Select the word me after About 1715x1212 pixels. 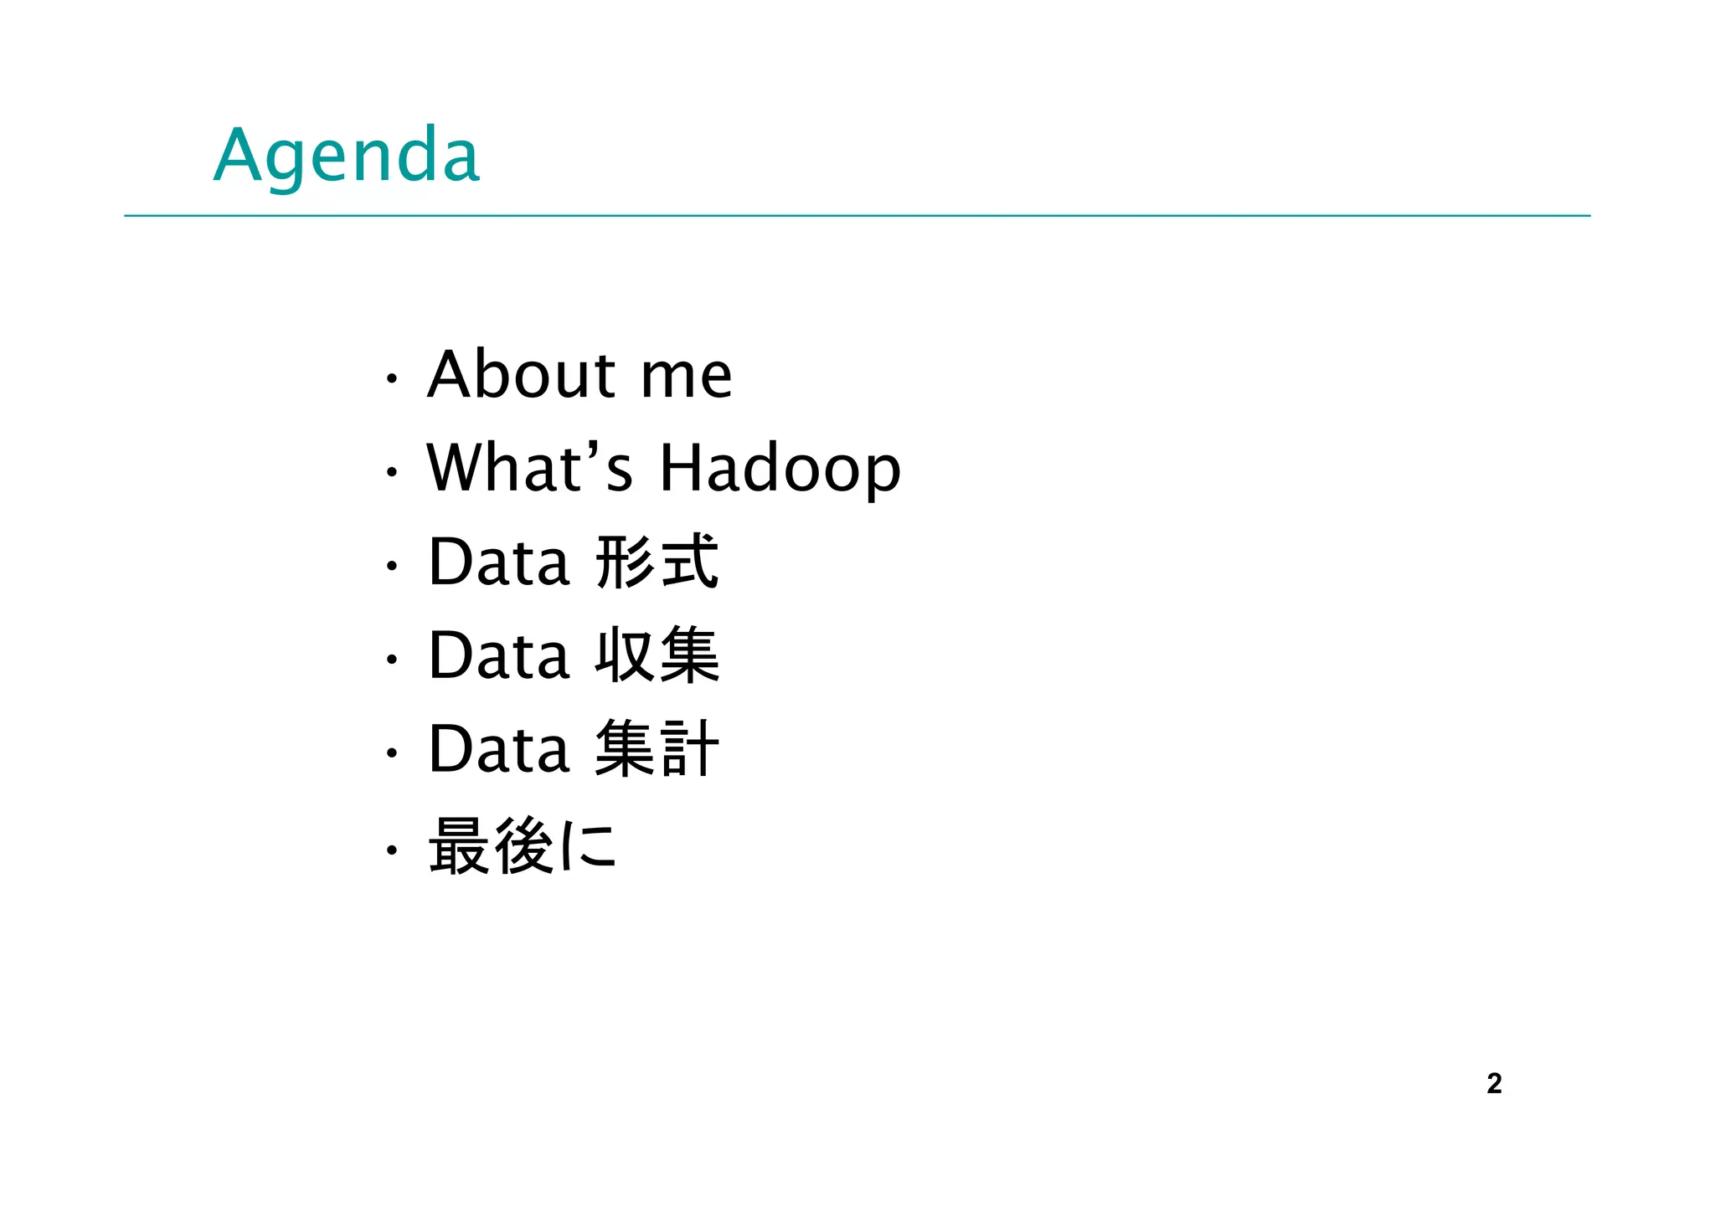(686, 377)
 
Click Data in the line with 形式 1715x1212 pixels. (499, 562)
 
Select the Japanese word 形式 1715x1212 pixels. (657, 562)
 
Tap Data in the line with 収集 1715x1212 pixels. (499, 655)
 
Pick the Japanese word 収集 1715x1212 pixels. (657, 655)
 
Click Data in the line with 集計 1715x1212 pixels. (499, 749)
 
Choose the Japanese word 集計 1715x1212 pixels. (657, 749)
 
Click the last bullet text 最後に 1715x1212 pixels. (523, 845)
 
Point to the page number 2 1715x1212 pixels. (1494, 1084)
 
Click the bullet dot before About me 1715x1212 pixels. (390, 379)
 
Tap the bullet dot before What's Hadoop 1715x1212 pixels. (390, 473)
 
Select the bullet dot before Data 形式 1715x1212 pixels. (390, 567)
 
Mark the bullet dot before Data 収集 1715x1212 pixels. (390, 660)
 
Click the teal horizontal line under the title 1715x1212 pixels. (857, 216)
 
